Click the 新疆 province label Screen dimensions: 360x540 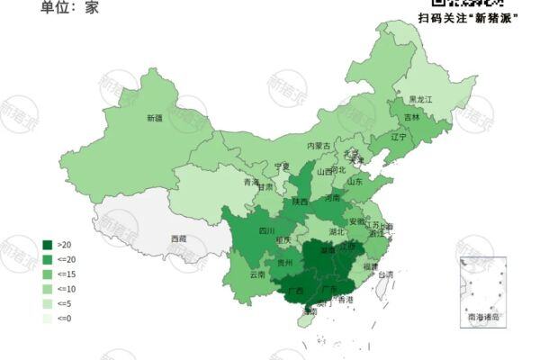(x=155, y=118)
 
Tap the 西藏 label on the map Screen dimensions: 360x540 (x=178, y=238)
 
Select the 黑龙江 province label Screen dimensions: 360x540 (x=421, y=98)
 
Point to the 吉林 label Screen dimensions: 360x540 (x=412, y=117)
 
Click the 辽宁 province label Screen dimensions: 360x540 (x=400, y=138)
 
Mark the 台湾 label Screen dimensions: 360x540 (x=384, y=274)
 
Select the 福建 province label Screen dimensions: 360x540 (x=371, y=267)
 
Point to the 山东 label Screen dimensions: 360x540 (x=355, y=180)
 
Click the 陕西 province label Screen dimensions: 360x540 (x=300, y=202)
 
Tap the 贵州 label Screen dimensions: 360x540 (x=284, y=263)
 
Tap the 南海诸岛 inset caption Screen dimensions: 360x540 (x=483, y=318)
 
